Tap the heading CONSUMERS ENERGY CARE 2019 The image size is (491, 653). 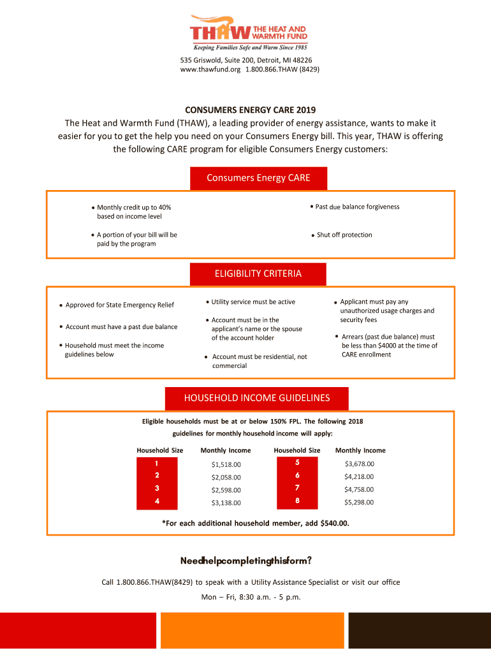coord(246,110)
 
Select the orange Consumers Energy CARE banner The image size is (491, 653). coord(259,178)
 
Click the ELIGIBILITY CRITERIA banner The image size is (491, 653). coord(258,274)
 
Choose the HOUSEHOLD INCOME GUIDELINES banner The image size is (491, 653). coord(257,398)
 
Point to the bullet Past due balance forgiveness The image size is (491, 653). coord(357,207)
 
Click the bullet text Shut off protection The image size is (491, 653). coord(344,235)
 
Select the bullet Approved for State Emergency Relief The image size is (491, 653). coord(120,305)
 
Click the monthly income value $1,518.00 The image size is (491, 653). coord(226,464)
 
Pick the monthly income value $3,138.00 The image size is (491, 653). coord(226,503)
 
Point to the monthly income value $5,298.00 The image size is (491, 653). coord(359,502)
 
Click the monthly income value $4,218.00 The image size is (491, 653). coord(359,476)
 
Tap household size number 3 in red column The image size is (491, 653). coord(157,488)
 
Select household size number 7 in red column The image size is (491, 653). coord(297,488)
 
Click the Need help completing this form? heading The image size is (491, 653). coord(246,561)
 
